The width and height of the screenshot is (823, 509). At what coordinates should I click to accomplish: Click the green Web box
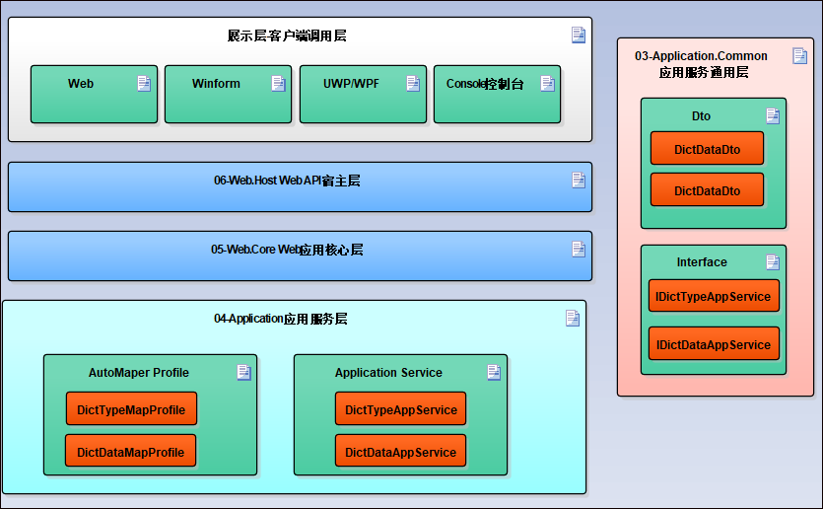pyautogui.click(x=94, y=95)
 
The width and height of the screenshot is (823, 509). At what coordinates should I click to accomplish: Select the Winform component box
pyautogui.click(x=228, y=95)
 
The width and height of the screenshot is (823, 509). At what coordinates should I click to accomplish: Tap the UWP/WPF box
pyautogui.click(x=363, y=95)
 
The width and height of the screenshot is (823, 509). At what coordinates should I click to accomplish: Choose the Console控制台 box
pyautogui.click(x=497, y=95)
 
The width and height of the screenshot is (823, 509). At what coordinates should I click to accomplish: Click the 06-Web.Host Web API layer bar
pyautogui.click(x=300, y=186)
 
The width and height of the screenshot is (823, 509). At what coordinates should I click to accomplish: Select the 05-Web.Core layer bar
pyautogui.click(x=300, y=255)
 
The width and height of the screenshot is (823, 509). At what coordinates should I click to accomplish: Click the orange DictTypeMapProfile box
pyautogui.click(x=131, y=409)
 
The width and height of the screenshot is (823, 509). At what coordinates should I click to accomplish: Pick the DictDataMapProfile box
pyautogui.click(x=130, y=452)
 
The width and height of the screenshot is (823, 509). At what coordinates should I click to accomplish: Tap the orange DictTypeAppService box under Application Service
pyautogui.click(x=400, y=409)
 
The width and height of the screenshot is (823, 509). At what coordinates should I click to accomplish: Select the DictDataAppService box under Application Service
pyautogui.click(x=400, y=452)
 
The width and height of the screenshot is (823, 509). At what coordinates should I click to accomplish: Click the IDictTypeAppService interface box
pyautogui.click(x=714, y=296)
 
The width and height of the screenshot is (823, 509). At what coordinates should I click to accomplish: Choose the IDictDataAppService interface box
pyautogui.click(x=714, y=344)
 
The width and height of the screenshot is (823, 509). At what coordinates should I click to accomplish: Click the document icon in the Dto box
pyautogui.click(x=773, y=116)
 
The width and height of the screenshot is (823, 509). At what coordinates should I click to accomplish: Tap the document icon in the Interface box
pyautogui.click(x=773, y=262)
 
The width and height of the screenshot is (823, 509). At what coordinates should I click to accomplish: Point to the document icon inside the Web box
pyautogui.click(x=144, y=84)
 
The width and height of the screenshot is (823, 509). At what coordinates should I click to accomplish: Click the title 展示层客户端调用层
pyautogui.click(x=287, y=36)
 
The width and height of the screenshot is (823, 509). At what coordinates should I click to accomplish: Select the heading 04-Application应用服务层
pyautogui.click(x=281, y=319)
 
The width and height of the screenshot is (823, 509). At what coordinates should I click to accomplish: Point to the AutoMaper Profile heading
pyautogui.click(x=139, y=373)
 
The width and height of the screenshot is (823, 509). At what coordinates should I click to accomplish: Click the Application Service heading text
pyautogui.click(x=388, y=373)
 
